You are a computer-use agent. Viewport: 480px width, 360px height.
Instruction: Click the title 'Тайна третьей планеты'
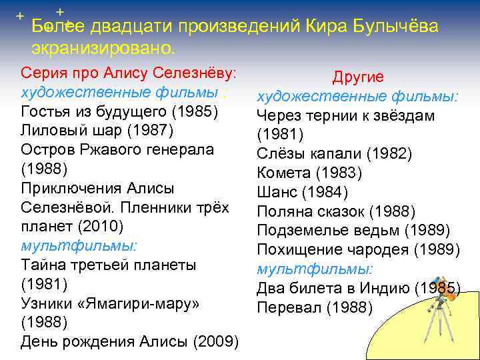coord(109,265)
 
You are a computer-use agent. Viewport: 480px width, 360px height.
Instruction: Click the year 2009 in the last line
coord(215,342)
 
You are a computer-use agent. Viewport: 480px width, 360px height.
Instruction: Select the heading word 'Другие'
coord(358,77)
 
